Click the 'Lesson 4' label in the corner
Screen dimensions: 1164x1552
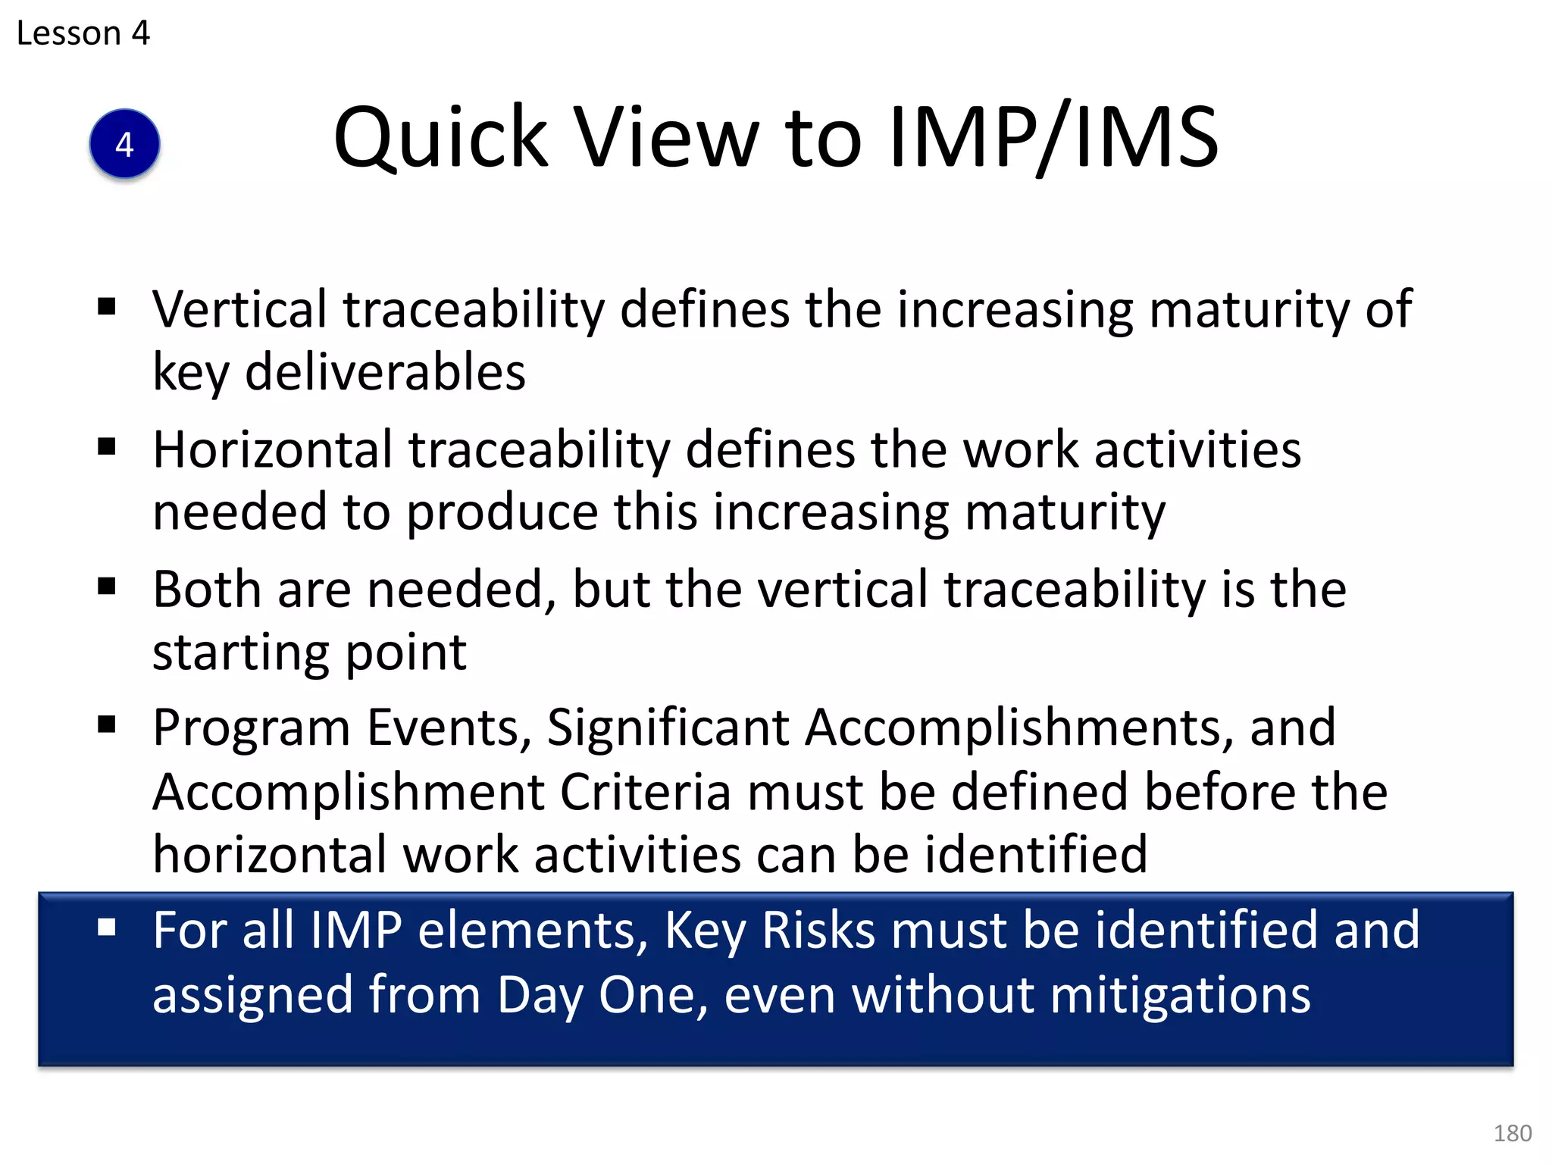point(83,33)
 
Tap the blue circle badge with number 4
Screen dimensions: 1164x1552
point(124,144)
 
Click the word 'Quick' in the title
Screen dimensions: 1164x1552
point(440,139)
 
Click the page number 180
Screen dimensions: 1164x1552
point(1512,1133)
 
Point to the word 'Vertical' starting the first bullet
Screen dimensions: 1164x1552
point(239,309)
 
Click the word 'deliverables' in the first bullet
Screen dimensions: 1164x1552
point(385,372)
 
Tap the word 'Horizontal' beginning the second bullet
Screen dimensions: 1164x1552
point(273,449)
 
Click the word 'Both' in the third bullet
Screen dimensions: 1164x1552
point(207,590)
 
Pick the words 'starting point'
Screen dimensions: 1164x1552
point(309,652)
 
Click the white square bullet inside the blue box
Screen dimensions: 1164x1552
point(107,927)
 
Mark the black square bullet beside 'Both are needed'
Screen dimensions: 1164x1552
point(107,586)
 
